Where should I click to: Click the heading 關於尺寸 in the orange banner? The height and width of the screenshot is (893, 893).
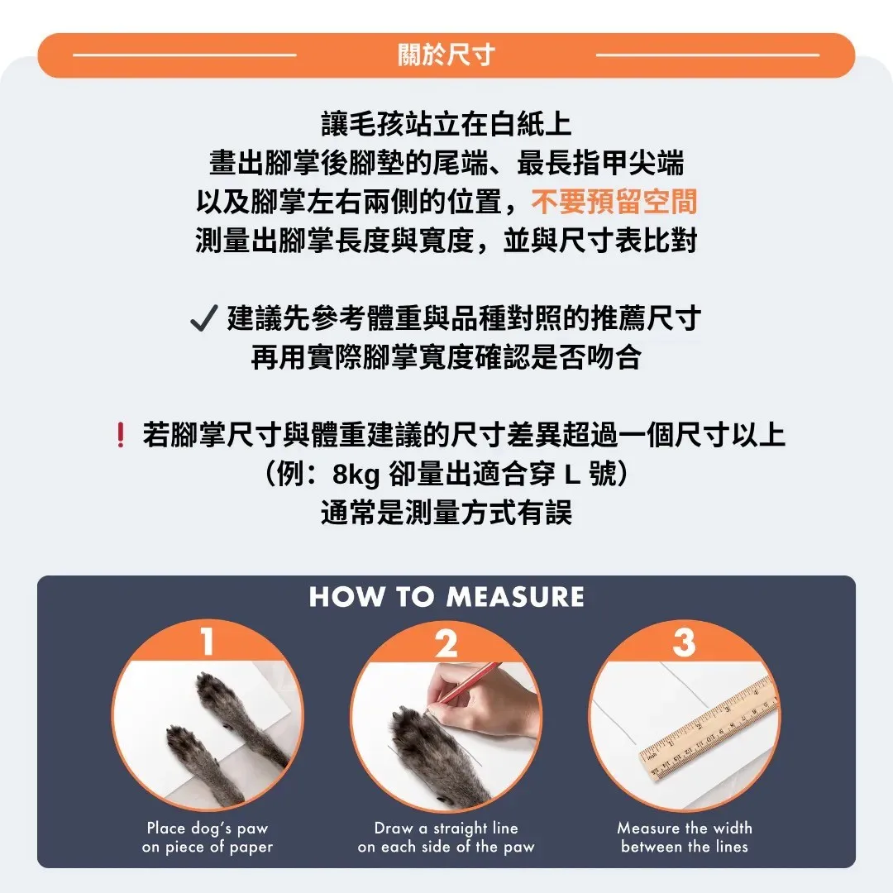(x=446, y=55)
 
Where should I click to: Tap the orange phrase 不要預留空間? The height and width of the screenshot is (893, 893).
(x=614, y=202)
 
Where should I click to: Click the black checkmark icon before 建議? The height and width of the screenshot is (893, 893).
(x=204, y=318)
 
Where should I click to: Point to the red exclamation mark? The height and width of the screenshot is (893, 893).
(x=120, y=435)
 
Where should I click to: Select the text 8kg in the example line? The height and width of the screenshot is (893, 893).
(x=356, y=474)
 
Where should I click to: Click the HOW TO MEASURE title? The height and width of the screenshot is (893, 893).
(x=446, y=597)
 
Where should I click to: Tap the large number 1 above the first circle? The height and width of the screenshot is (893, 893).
(x=208, y=641)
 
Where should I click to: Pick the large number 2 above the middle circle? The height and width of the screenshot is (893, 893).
(x=446, y=643)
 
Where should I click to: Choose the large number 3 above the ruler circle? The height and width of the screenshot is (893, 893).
(x=684, y=642)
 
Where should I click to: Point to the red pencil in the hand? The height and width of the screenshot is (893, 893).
(x=464, y=685)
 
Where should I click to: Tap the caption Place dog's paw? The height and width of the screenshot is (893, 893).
(x=208, y=828)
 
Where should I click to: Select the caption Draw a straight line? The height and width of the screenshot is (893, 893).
(x=446, y=828)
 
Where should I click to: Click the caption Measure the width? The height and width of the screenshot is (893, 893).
(x=685, y=828)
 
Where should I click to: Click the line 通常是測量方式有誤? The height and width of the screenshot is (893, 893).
(x=446, y=512)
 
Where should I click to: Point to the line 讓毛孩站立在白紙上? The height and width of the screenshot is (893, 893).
(x=446, y=124)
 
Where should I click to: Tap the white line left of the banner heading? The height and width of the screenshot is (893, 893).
(x=184, y=55)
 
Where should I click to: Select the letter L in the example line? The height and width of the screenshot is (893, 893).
(x=572, y=475)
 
